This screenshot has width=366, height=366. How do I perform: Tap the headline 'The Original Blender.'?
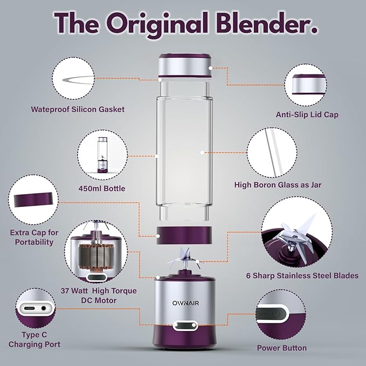coord(183,23)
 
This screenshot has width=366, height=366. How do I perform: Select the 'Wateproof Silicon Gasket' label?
coord(78,109)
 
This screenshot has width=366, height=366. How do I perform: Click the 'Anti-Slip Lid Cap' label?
coord(307,115)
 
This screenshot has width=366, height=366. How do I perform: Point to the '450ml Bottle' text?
coord(101,189)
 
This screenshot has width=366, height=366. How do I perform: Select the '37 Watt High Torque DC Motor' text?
coord(105,295)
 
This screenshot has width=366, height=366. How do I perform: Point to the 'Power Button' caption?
coord(282,348)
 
